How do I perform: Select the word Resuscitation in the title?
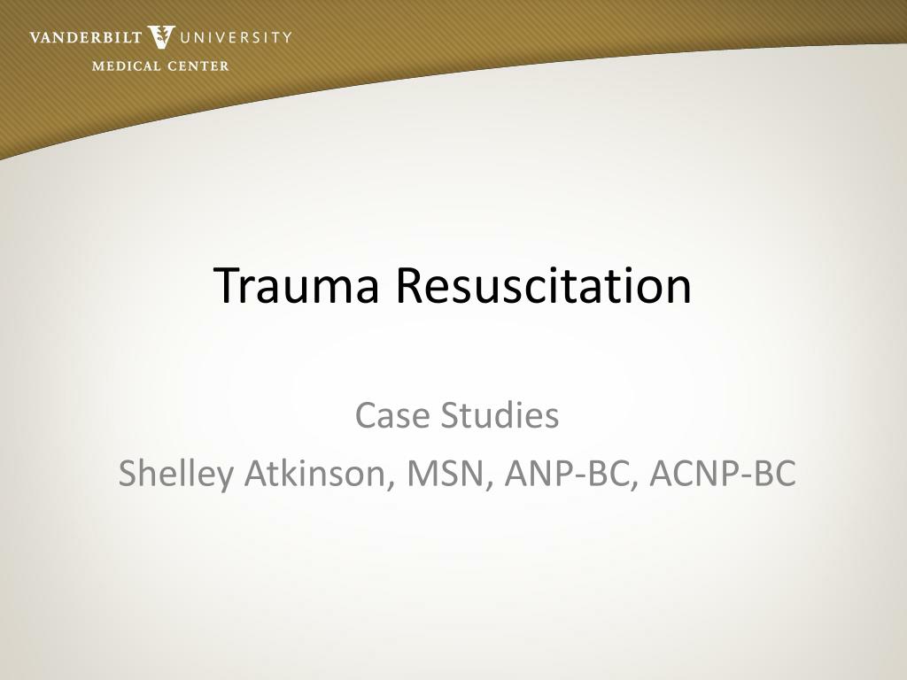click(x=543, y=285)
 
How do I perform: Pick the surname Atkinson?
click(x=318, y=474)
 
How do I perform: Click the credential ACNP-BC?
click(x=722, y=474)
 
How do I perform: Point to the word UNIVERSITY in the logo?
click(x=236, y=37)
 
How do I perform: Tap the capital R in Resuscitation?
click(x=408, y=285)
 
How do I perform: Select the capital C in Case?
click(x=365, y=414)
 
